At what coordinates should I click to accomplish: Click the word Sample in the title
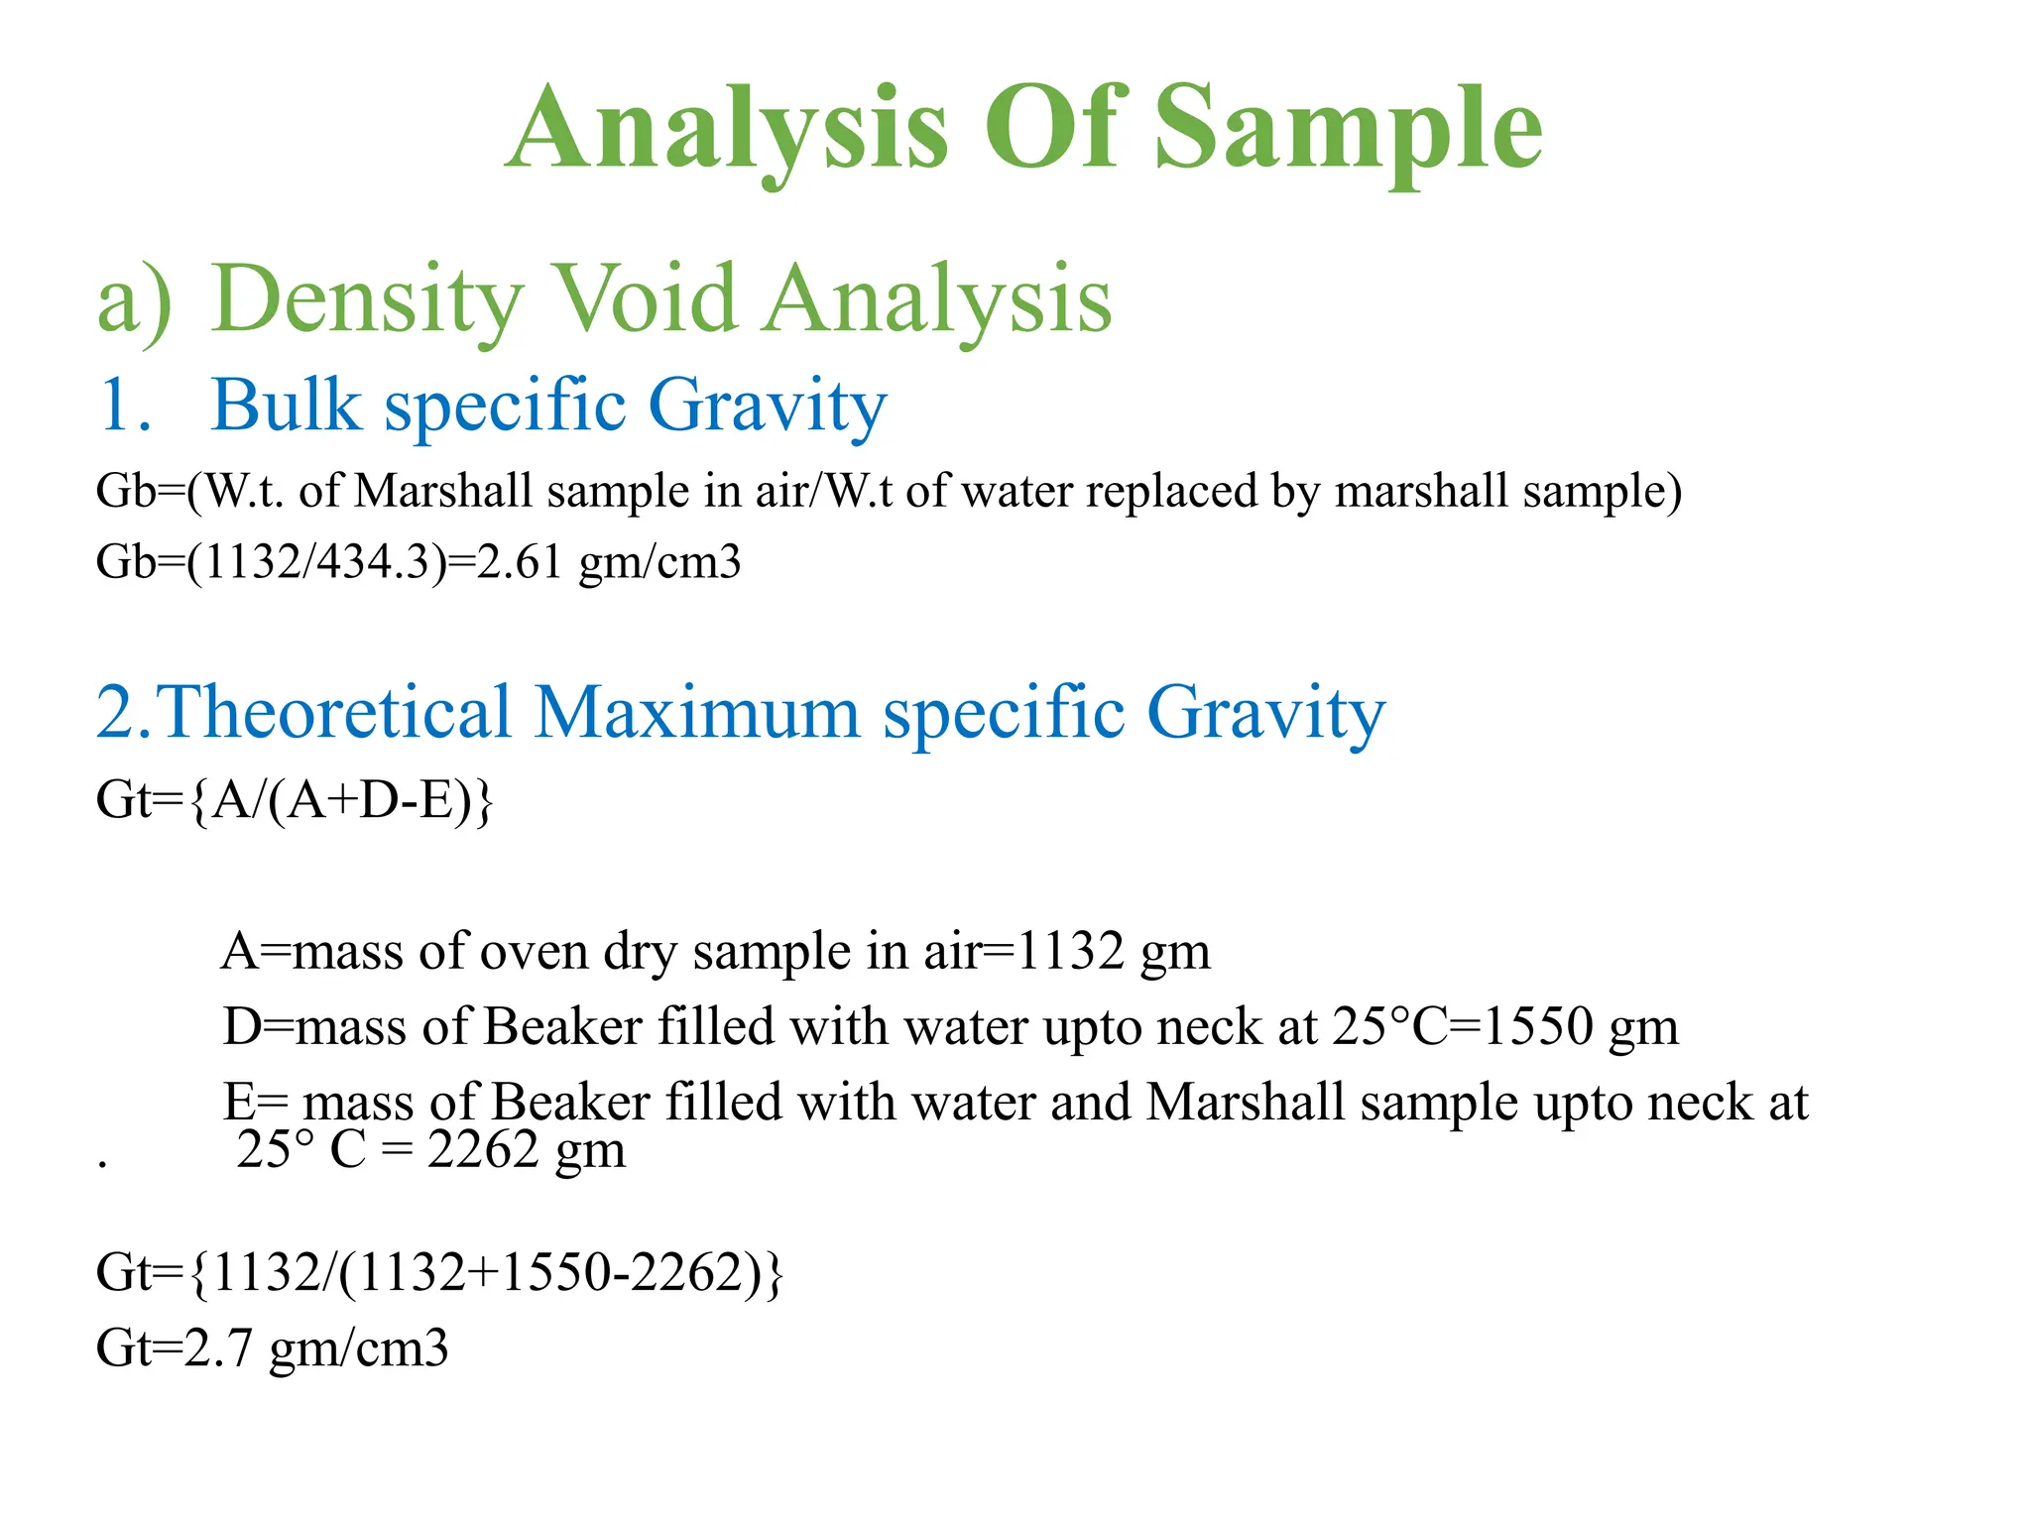[x=1348, y=129]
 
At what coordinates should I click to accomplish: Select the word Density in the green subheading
[x=367, y=299]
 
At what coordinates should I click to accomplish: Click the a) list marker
[x=134, y=299]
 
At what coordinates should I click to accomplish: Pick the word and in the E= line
[x=1090, y=1102]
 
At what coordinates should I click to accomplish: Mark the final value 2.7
[x=218, y=1348]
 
